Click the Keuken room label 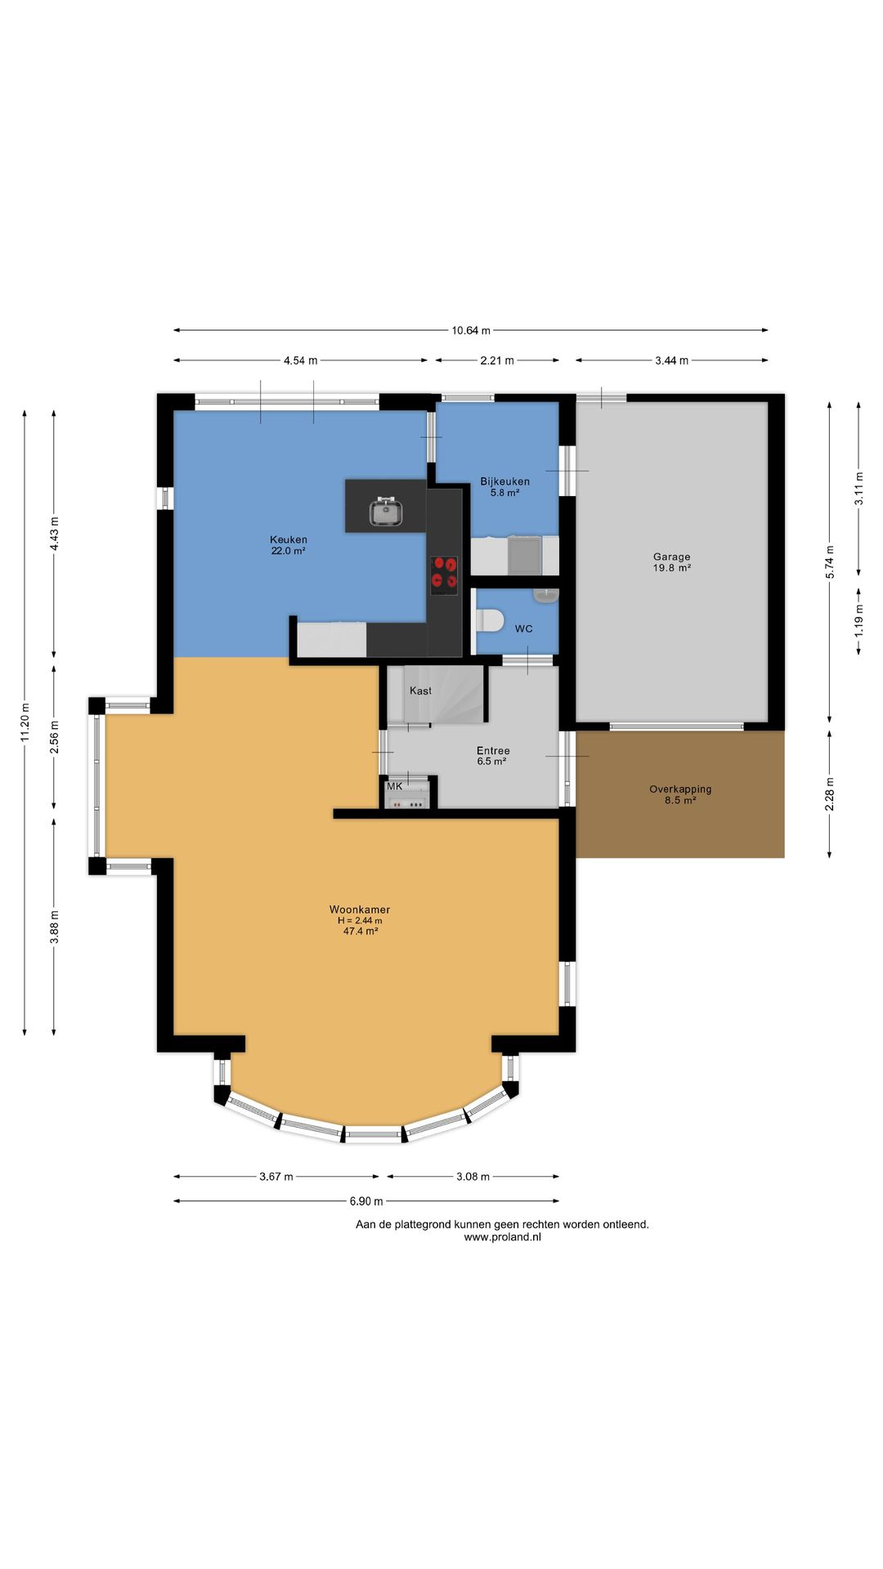[289, 539]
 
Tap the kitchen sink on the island [386, 512]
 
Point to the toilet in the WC [490, 620]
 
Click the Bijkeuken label [504, 481]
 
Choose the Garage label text [671, 557]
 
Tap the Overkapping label [680, 789]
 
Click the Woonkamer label [360, 909]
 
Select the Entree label [493, 750]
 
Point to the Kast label [420, 691]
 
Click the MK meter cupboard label [395, 786]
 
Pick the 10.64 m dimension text [471, 331]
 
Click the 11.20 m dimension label [25, 723]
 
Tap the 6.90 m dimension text [366, 1201]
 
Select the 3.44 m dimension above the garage [671, 360]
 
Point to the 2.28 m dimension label [830, 794]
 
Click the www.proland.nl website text [502, 1237]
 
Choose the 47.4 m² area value [361, 931]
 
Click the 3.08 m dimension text [473, 1177]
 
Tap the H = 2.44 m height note [360, 920]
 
